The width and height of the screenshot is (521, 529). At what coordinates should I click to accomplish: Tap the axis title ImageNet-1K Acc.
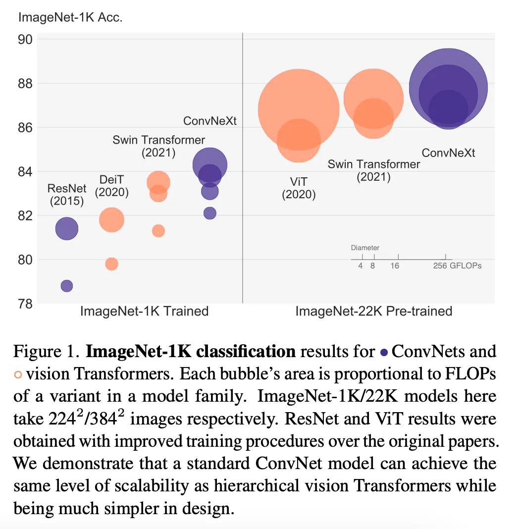[x=70, y=18]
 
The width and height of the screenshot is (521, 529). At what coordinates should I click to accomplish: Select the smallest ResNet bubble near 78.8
[x=67, y=286]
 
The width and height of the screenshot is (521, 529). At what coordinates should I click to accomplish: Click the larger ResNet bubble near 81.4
[x=67, y=229]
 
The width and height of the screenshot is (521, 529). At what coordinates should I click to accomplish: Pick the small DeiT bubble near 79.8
[x=112, y=264]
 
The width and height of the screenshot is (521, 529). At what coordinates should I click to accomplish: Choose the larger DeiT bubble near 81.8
[x=112, y=220]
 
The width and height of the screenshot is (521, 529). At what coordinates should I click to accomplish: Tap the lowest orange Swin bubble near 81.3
[x=158, y=231]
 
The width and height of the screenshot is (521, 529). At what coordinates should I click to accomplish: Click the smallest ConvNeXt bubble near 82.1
[x=210, y=213]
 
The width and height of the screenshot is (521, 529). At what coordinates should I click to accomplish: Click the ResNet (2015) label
[x=67, y=195]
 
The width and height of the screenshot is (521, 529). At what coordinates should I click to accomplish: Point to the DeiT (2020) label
[x=112, y=186]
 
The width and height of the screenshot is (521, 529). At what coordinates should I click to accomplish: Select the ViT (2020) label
[x=299, y=188]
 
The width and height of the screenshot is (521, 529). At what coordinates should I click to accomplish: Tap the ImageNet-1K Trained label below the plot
[x=144, y=311]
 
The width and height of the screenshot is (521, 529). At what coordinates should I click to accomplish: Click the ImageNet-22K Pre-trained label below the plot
[x=374, y=311]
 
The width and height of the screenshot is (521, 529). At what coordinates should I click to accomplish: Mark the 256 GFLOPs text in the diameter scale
[x=457, y=266]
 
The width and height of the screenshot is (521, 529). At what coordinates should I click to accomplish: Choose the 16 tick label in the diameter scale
[x=395, y=266]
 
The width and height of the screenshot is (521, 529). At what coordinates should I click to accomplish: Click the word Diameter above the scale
[x=365, y=248]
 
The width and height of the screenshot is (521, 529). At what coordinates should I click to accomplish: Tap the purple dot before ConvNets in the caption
[x=384, y=353]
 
